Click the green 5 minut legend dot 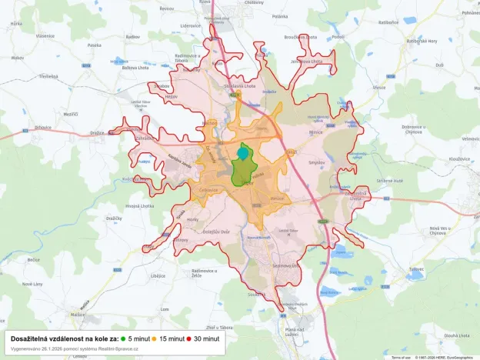(x=123, y=338)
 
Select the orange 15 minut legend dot (x=154, y=338)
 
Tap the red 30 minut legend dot (x=188, y=338)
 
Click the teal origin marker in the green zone (x=243, y=153)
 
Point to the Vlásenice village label (x=45, y=35)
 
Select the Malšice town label (x=78, y=314)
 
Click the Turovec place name (x=417, y=268)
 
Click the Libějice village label (x=158, y=275)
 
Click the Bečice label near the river (x=33, y=260)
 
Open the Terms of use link (x=401, y=357)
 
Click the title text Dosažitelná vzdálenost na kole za (x=65, y=338)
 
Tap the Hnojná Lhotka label (x=141, y=206)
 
